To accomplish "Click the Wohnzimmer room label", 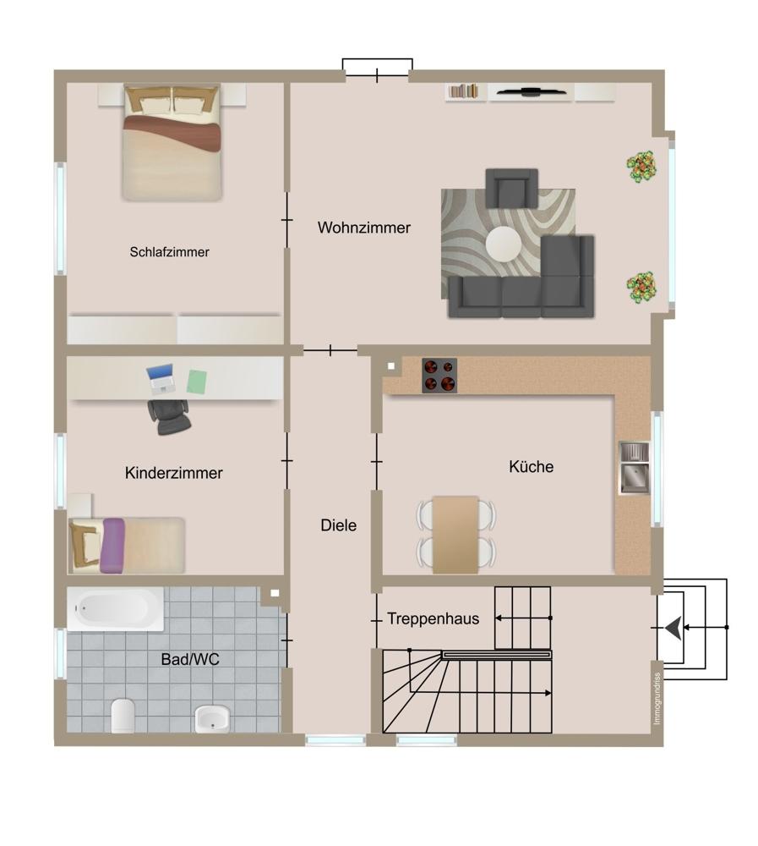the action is (x=364, y=228).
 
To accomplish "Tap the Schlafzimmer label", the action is (x=169, y=252).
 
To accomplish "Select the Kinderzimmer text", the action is (x=173, y=473).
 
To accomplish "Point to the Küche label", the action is (x=531, y=466).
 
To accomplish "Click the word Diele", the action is (x=339, y=525).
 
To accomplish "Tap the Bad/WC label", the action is (x=190, y=659).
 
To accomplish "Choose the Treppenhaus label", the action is (x=433, y=618).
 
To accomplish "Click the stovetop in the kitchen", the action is (x=439, y=375).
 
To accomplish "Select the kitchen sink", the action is (x=634, y=468).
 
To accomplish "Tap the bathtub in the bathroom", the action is (x=115, y=608).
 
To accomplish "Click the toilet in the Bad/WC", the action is (x=123, y=716).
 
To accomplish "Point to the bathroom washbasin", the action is (x=212, y=718).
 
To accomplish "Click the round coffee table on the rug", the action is (x=504, y=244).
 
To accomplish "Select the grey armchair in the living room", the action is (x=511, y=189).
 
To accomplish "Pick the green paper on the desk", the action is (x=197, y=382).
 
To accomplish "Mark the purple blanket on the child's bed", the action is (x=112, y=545).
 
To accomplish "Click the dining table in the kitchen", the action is (x=455, y=534).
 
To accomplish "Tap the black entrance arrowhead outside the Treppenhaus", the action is (x=673, y=628).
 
